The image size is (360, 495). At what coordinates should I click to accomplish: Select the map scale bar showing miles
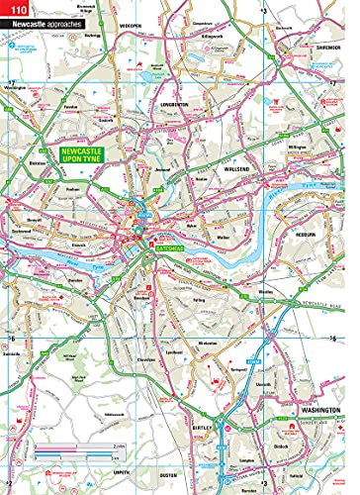[79, 452]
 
